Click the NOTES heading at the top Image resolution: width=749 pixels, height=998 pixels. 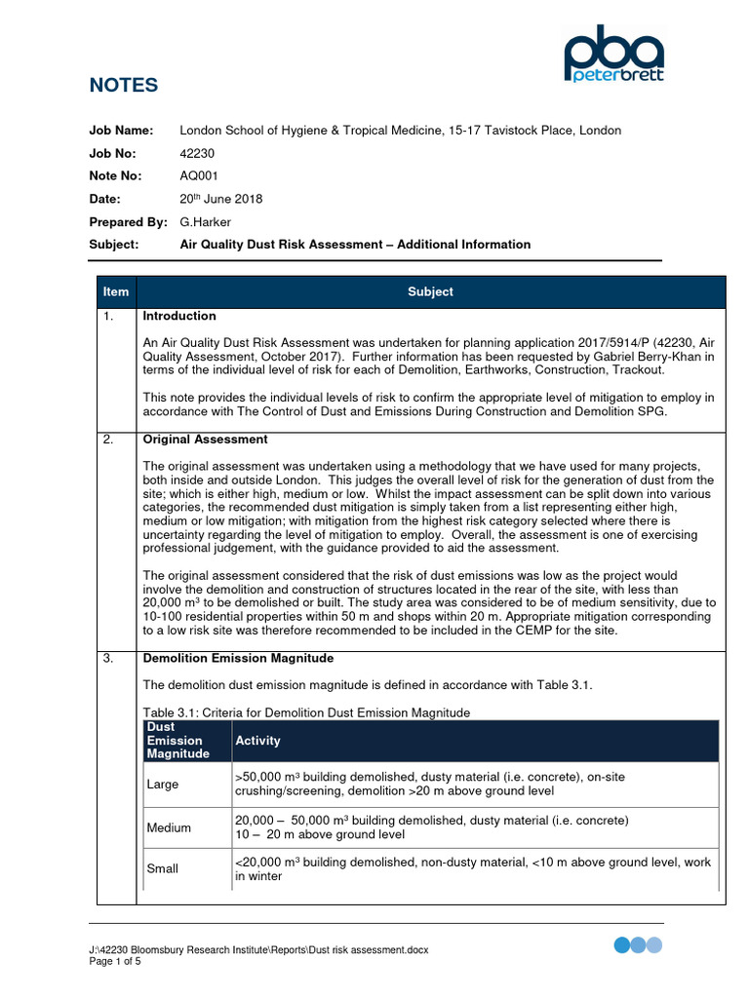[x=123, y=86]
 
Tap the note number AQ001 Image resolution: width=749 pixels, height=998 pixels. [x=199, y=175]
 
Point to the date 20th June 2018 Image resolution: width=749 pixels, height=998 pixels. [x=221, y=199]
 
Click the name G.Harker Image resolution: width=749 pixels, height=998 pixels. [x=205, y=221]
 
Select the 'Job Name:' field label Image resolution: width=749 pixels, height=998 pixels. [x=122, y=131]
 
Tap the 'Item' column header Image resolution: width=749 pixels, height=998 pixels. [x=116, y=291]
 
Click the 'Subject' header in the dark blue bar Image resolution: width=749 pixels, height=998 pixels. [x=430, y=291]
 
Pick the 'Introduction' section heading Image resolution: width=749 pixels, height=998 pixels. [x=179, y=316]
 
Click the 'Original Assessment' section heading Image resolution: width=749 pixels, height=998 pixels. [x=205, y=440]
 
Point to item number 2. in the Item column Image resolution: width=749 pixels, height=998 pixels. [x=109, y=440]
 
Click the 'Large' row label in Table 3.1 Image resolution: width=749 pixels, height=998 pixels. [x=163, y=784]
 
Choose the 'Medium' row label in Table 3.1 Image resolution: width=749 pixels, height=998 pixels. [x=169, y=827]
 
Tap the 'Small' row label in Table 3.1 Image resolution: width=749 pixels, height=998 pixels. [x=162, y=868]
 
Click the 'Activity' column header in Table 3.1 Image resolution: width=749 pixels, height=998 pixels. [x=257, y=741]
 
